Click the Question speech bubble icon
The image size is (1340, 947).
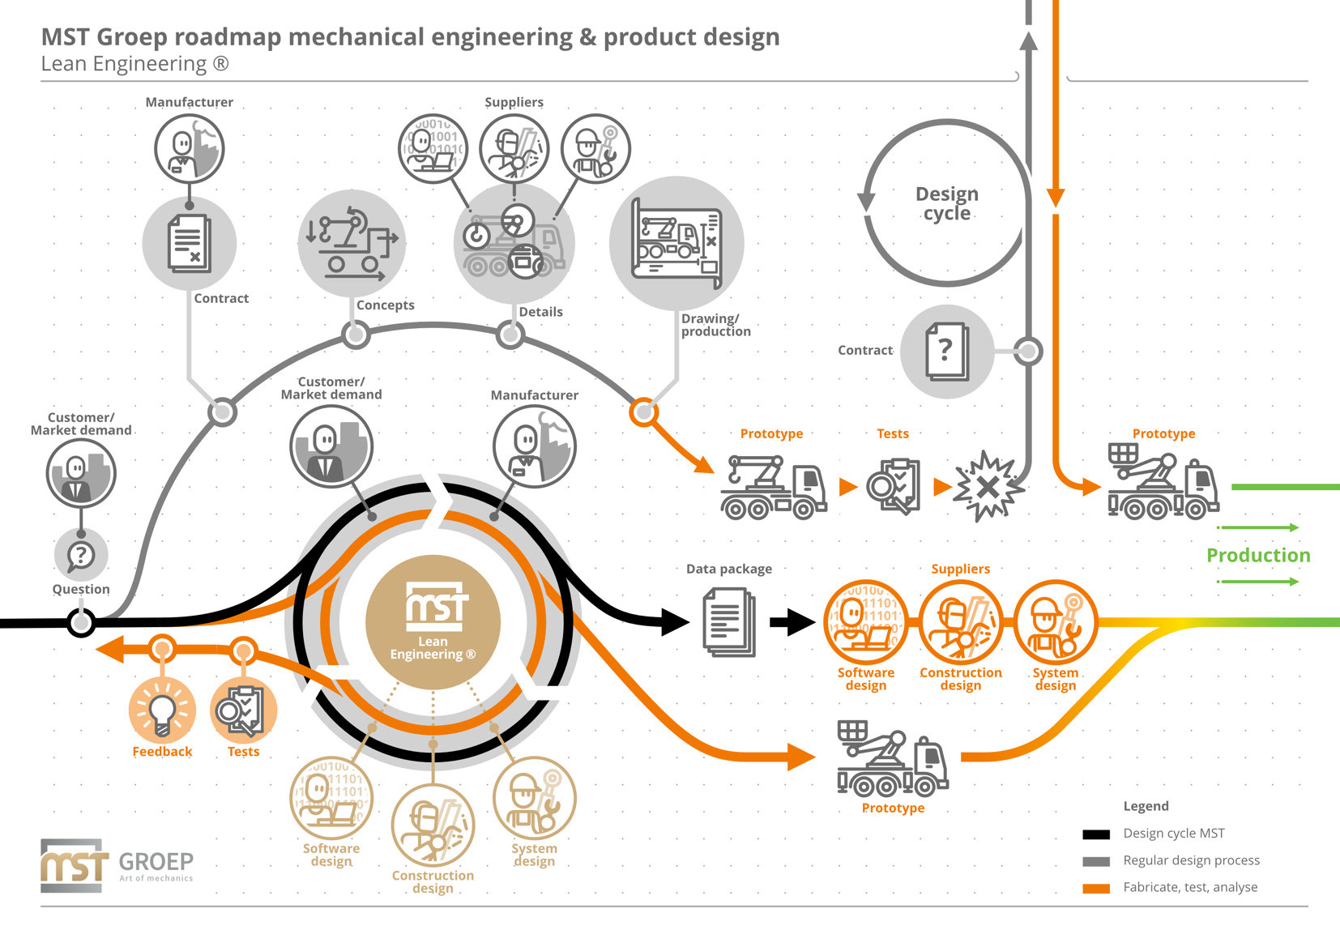click(x=81, y=555)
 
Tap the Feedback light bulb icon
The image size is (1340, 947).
click(x=162, y=710)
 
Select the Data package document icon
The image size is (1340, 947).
click(x=729, y=622)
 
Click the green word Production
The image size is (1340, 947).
click(x=1258, y=555)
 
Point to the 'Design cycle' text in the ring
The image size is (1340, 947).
click(x=947, y=203)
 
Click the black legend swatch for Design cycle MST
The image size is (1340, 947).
click(x=1096, y=834)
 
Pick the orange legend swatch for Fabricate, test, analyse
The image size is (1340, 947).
click(x=1096, y=889)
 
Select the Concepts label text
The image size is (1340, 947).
click(x=386, y=305)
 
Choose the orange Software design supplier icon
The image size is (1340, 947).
click(x=865, y=622)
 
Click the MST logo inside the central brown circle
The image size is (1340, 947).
click(x=437, y=606)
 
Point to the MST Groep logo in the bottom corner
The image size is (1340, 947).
click(x=117, y=866)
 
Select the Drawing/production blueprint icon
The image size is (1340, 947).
click(x=676, y=244)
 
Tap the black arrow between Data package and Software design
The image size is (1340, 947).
click(x=792, y=622)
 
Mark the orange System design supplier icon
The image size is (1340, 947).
click(x=1056, y=622)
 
